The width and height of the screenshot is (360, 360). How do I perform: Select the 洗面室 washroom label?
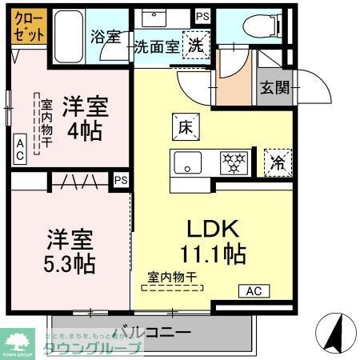tap(156, 46)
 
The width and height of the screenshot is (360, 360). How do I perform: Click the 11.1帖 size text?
tap(212, 254)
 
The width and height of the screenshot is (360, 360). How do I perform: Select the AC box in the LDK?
tap(254, 290)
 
